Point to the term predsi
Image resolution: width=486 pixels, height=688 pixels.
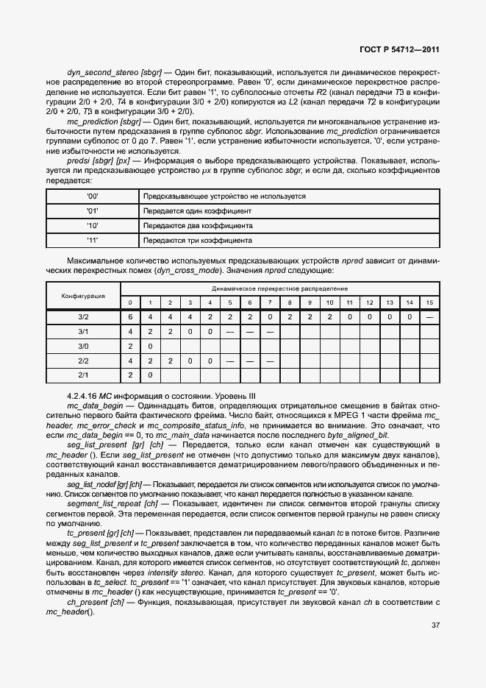[78, 160]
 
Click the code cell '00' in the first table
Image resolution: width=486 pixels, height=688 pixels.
[93, 196]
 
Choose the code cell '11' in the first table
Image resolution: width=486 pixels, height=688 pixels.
[93, 240]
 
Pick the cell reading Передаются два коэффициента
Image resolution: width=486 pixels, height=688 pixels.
[198, 226]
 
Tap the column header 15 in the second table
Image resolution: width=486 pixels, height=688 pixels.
[429, 302]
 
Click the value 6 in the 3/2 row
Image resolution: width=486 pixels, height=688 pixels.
[131, 317]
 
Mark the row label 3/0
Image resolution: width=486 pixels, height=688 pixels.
[83, 346]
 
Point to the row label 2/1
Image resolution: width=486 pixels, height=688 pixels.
[83, 375]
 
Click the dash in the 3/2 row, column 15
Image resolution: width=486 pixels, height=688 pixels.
[429, 317]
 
